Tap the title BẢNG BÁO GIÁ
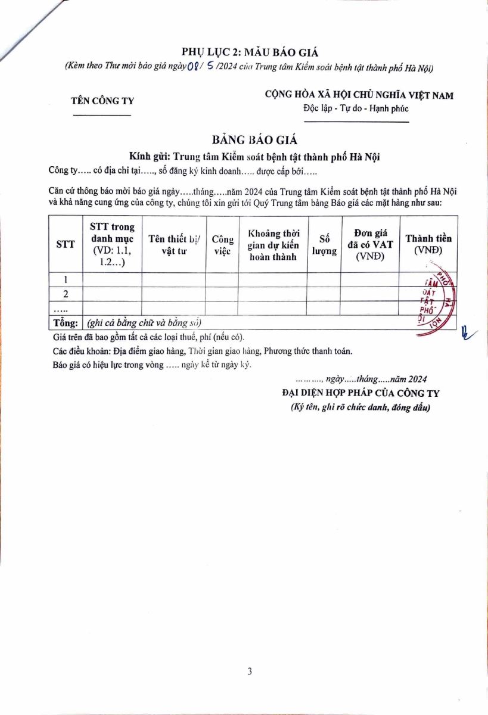pyautogui.click(x=254, y=140)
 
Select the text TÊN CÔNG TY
pyautogui.click(x=102, y=101)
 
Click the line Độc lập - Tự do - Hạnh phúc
pyautogui.click(x=356, y=108)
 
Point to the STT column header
pyautogui.click(x=65, y=244)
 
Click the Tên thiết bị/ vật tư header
pyautogui.click(x=174, y=244)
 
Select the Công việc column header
pyautogui.click(x=222, y=244)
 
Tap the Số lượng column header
pyautogui.click(x=324, y=244)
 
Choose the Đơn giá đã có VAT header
pyautogui.click(x=370, y=244)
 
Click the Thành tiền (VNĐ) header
pyautogui.click(x=428, y=244)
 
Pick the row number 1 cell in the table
pyautogui.click(x=65, y=279)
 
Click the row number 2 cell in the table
pyautogui.click(x=65, y=294)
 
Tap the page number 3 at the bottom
pyautogui.click(x=250, y=672)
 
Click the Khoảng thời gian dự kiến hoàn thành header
pyautogui.click(x=273, y=244)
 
